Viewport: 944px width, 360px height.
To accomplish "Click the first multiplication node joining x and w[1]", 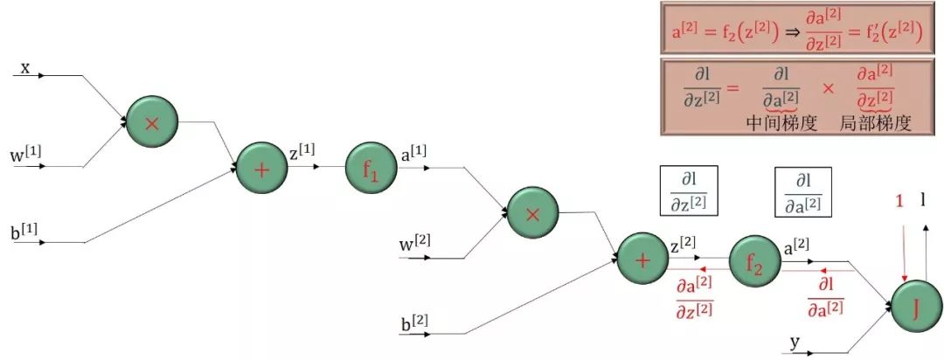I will tap(151, 123).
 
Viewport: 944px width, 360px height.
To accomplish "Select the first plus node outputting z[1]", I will tap(261, 169).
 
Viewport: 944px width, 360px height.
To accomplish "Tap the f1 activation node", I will tap(371, 169).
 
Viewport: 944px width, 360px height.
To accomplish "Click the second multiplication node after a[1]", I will tap(532, 211).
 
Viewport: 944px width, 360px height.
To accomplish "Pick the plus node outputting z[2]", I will tap(642, 260).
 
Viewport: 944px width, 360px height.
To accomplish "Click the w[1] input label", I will tap(25, 156).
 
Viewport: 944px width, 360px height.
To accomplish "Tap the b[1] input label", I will tap(24, 233).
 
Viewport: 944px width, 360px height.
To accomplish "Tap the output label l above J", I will tap(923, 200).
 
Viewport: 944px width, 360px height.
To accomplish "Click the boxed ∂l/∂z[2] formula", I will tap(688, 190).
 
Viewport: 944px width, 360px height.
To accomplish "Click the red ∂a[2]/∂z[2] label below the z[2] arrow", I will tap(695, 296).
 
